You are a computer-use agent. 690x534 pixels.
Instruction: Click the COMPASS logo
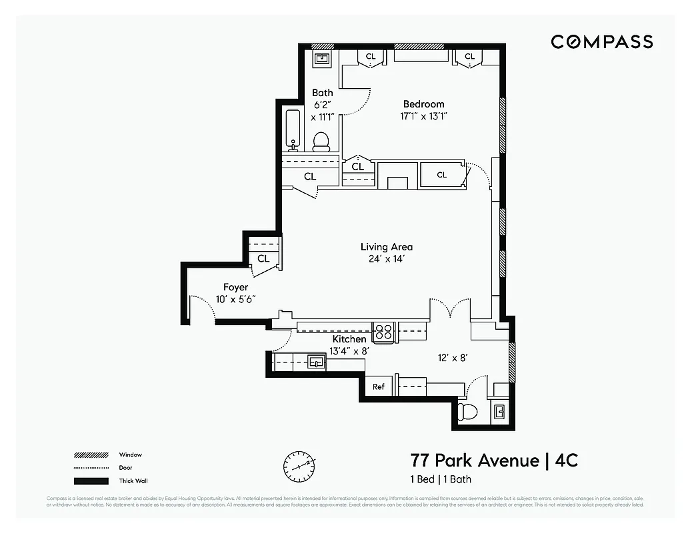(x=601, y=42)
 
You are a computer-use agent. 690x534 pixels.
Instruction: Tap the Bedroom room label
(x=423, y=104)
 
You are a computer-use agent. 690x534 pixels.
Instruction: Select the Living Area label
(x=387, y=247)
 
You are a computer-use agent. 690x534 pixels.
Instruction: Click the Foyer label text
(x=235, y=287)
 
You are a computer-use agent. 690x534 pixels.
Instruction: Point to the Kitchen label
(x=350, y=340)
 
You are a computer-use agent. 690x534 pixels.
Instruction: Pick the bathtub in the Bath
(x=293, y=129)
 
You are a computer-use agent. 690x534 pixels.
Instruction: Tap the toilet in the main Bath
(x=321, y=141)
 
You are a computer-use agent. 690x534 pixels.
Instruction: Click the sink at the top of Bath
(x=323, y=59)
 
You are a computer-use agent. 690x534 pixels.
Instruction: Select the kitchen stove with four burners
(x=383, y=332)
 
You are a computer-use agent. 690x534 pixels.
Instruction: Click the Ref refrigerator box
(x=379, y=387)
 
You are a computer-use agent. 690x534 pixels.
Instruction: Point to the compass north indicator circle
(x=297, y=467)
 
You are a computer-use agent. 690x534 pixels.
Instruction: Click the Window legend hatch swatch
(x=91, y=455)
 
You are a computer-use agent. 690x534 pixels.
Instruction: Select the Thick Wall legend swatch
(x=91, y=481)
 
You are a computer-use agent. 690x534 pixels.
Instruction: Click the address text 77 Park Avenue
(x=474, y=461)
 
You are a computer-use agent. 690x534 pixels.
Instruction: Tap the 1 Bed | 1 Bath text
(x=440, y=479)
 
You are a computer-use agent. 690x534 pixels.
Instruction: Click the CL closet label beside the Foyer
(x=263, y=259)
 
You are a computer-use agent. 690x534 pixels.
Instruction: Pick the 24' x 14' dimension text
(x=387, y=260)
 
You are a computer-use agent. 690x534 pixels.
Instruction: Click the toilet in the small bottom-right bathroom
(x=469, y=412)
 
